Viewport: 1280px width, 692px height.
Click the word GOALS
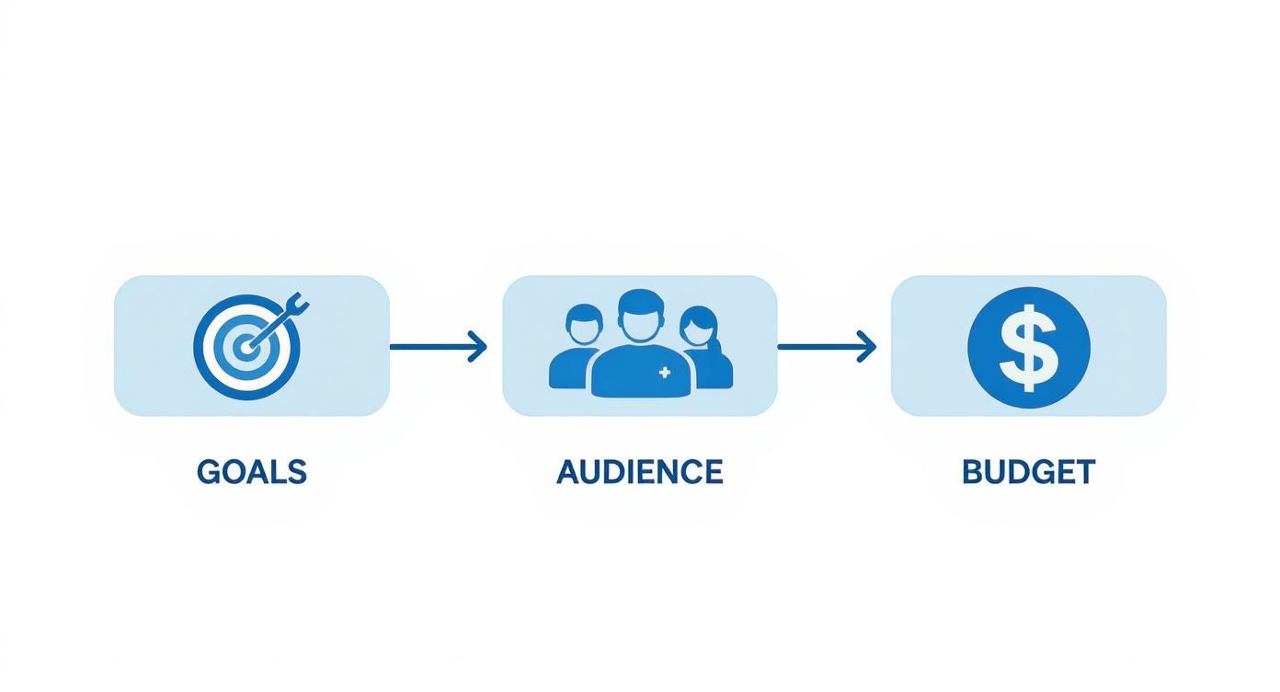pyautogui.click(x=251, y=472)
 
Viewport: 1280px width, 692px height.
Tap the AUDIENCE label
pyautogui.click(x=639, y=472)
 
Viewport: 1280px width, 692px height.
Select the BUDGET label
pyautogui.click(x=1028, y=472)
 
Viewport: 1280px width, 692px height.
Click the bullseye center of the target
pyautogui.click(x=245, y=348)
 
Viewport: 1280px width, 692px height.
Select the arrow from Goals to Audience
pyautogui.click(x=437, y=347)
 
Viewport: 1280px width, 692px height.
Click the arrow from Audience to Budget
pyautogui.click(x=826, y=347)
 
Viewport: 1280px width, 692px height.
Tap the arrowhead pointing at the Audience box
pyautogui.click(x=477, y=347)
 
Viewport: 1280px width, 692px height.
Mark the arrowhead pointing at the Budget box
pyautogui.click(x=866, y=347)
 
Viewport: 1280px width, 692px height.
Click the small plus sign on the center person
pyautogui.click(x=665, y=373)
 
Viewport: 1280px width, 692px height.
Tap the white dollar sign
pyautogui.click(x=1028, y=347)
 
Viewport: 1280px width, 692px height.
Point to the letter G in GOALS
pyautogui.click(x=209, y=472)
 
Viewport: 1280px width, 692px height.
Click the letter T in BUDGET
pyautogui.click(x=1085, y=472)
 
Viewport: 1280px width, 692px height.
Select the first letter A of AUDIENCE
pyautogui.click(x=568, y=472)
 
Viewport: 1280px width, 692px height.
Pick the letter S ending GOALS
pyautogui.click(x=296, y=472)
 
